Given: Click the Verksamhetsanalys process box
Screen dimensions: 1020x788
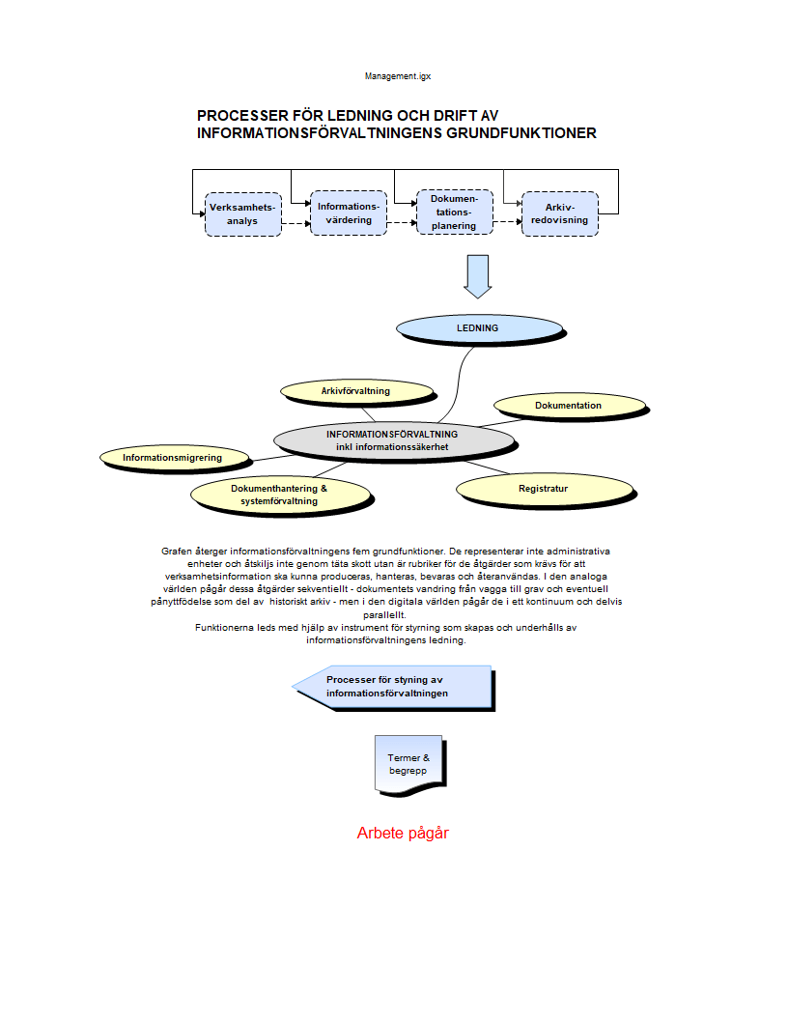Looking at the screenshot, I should (x=242, y=214).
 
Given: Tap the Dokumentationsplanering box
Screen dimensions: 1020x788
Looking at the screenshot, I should (x=454, y=212).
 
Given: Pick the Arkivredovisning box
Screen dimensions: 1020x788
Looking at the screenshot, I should (x=559, y=213).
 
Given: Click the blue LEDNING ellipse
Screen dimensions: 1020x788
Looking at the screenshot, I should (x=478, y=328).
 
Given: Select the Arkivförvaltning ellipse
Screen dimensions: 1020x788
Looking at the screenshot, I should (x=355, y=391).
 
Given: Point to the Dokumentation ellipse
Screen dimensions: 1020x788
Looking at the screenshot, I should (x=568, y=406).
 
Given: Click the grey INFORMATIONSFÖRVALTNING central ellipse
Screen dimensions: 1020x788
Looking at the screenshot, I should (x=391, y=439).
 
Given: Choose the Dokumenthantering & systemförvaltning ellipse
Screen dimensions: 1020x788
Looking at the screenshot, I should (x=279, y=494).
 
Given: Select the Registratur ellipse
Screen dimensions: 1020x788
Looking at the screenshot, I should (x=543, y=489).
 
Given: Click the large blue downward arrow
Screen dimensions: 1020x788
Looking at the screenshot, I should (x=477, y=275).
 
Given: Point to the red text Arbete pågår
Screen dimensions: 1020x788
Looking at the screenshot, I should (x=403, y=833).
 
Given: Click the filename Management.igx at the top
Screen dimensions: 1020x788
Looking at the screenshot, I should (x=391, y=75).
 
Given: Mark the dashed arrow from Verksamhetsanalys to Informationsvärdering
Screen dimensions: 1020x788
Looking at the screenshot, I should (x=295, y=223).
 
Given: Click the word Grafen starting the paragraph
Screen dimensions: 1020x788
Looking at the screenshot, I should (x=178, y=551).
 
